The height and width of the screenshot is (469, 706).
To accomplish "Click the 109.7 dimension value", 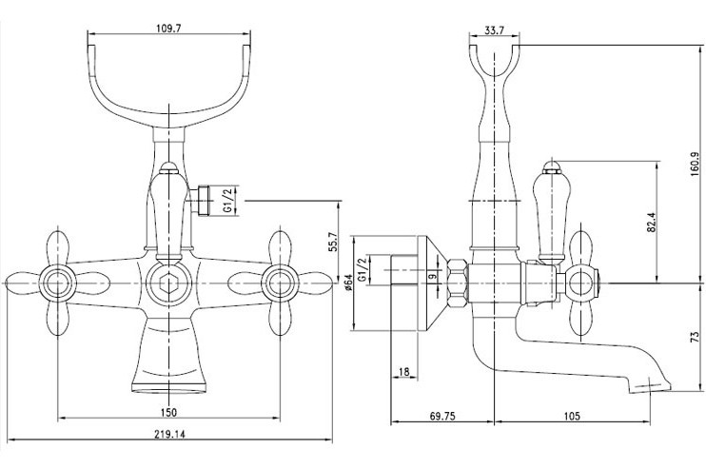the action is point(168,29).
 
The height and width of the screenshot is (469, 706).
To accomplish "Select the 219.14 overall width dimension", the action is point(169,434).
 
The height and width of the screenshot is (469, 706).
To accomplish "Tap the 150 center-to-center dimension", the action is point(168,412).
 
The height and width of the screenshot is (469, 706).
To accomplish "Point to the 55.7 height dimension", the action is point(333,243).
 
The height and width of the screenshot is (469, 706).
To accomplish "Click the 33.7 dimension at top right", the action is point(494,30).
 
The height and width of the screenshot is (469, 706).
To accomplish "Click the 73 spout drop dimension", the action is point(695,335).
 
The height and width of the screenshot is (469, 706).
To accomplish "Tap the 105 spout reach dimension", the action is point(572,416).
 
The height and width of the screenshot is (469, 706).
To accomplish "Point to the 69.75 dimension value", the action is point(442,416).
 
